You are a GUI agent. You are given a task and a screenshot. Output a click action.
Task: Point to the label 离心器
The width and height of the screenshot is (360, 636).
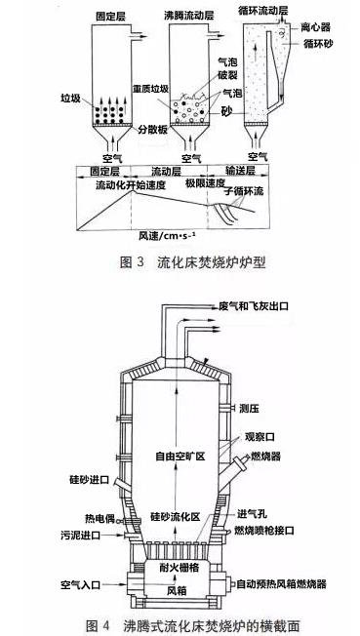pyautogui.click(x=322, y=27)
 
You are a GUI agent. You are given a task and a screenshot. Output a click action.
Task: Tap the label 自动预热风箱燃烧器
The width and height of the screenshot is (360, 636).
pyautogui.click(x=297, y=585)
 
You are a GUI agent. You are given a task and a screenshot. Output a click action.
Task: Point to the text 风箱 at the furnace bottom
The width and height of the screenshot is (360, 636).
pyautogui.click(x=178, y=591)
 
